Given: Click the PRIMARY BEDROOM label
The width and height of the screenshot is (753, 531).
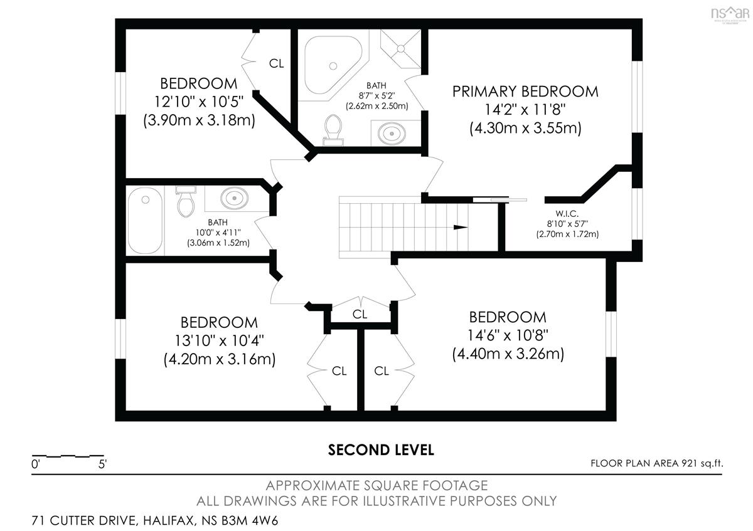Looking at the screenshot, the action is tap(525, 92).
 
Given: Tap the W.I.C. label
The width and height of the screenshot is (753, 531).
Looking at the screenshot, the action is tap(567, 214).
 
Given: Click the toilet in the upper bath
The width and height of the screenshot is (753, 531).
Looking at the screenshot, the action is tap(333, 130).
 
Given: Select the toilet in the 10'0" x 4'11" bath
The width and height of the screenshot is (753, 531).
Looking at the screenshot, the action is tap(185, 201).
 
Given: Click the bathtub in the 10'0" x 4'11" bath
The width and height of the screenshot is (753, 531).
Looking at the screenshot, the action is tap(145, 220).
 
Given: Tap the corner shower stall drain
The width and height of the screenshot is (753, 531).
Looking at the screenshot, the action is tap(401, 49).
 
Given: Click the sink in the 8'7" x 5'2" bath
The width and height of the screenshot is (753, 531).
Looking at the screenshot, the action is tap(392, 134).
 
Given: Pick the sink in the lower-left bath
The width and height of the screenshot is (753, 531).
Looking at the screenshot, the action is tap(234, 198).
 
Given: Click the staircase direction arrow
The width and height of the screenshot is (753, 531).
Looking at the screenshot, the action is tap(461, 228).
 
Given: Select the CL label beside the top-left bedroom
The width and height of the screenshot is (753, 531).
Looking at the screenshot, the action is tap(276, 63).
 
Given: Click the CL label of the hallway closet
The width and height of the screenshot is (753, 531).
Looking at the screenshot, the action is tap(360, 314).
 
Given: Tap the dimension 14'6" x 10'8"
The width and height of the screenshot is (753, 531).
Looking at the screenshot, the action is tap(508, 335).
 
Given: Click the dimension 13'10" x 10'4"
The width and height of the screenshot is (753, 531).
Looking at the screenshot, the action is tap(219, 340).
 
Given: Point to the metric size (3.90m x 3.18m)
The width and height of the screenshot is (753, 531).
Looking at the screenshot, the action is tap(200, 120).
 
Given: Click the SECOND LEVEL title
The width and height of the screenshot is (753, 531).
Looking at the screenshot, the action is tap(381, 450).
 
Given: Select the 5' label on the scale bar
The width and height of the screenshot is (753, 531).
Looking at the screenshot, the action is tap(102, 464).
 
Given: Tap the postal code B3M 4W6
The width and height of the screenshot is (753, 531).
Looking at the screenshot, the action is tap(250, 520).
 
